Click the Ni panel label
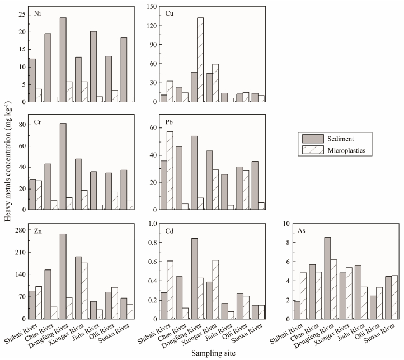pyautogui.click(x=36, y=12)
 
